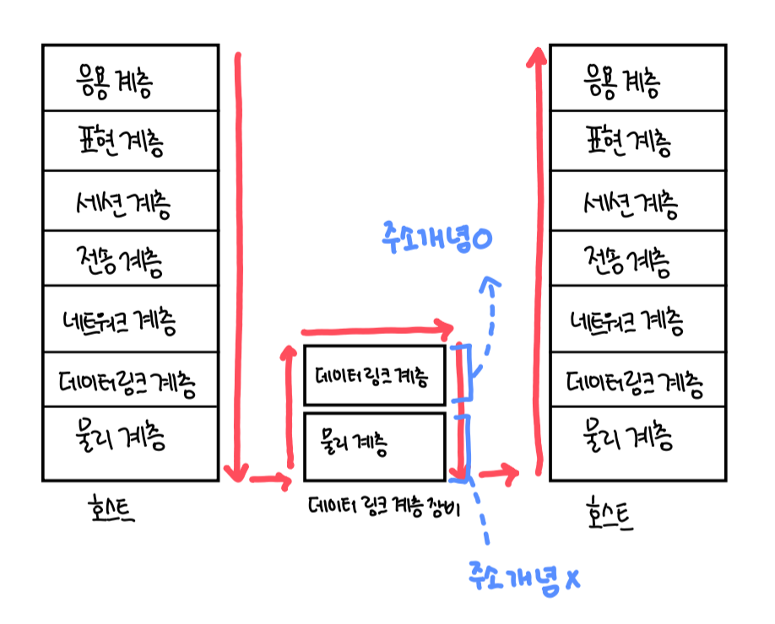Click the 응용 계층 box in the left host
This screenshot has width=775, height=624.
pyautogui.click(x=130, y=79)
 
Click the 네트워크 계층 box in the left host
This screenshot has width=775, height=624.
pyautogui.click(x=130, y=320)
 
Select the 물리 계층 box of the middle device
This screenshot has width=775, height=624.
pyautogui.click(x=374, y=445)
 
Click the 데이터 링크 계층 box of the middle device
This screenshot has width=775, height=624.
pyautogui.click(x=374, y=375)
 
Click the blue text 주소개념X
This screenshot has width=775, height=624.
pyautogui.click(x=523, y=578)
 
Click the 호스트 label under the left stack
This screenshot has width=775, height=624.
pyautogui.click(x=110, y=511)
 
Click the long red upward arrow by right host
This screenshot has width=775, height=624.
pyautogui.click(x=537, y=253)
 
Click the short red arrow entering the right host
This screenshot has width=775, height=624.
pyautogui.click(x=499, y=475)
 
